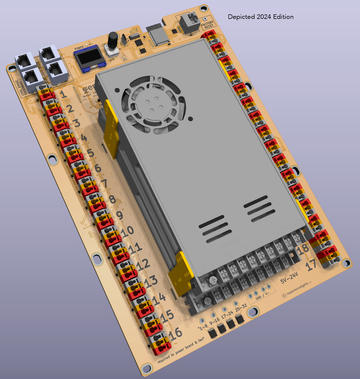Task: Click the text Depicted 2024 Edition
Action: point(261,17)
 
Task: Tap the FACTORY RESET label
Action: point(208,25)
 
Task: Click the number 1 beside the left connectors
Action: point(63,95)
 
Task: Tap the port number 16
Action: point(175,334)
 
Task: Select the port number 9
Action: point(119,215)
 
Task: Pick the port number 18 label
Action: point(303,249)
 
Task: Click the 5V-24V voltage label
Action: point(289,278)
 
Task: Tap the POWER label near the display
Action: point(79,48)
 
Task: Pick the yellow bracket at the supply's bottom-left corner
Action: point(181,272)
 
